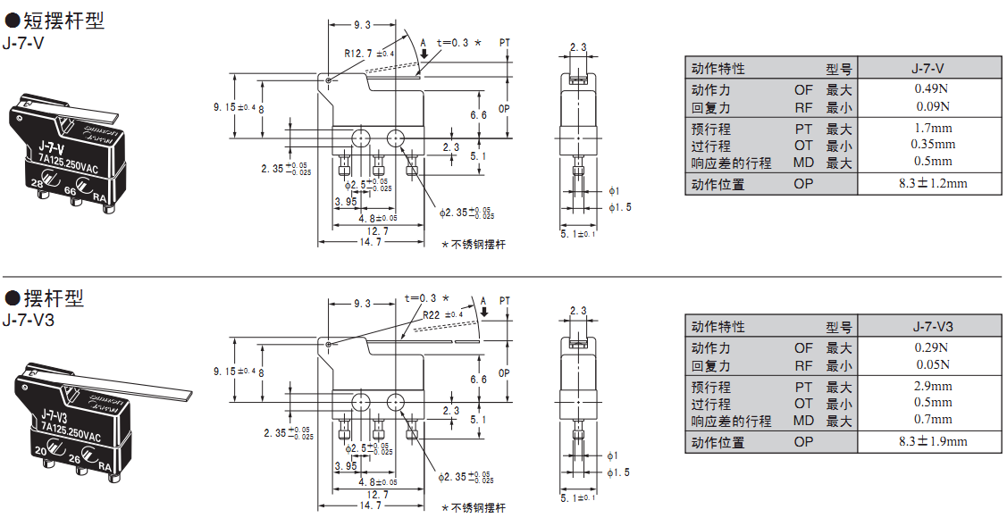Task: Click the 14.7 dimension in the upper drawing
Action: [370, 241]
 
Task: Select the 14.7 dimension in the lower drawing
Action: [370, 505]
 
